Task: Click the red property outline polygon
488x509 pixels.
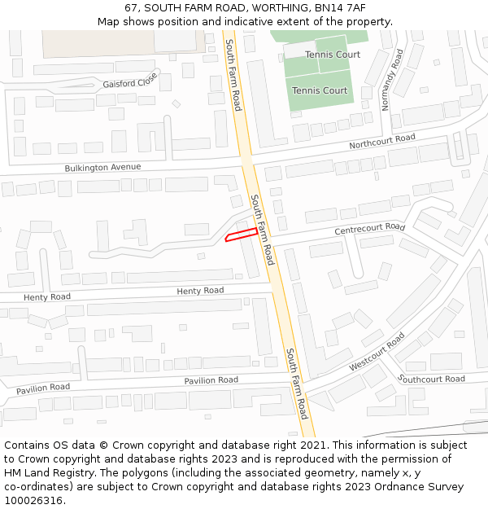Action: pos(242,235)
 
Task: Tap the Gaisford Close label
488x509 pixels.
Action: pos(130,82)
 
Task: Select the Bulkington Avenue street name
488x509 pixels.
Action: pos(102,168)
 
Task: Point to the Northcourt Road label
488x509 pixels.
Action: pos(382,142)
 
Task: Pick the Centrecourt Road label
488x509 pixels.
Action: pos(369,229)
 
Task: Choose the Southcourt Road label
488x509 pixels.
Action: pos(432,379)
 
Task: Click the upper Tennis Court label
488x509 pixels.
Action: pos(333,55)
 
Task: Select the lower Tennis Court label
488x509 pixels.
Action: pos(320,90)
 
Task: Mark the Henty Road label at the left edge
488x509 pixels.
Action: pos(47,297)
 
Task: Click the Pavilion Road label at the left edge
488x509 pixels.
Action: pos(43,388)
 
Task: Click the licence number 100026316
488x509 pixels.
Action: pos(35,500)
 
